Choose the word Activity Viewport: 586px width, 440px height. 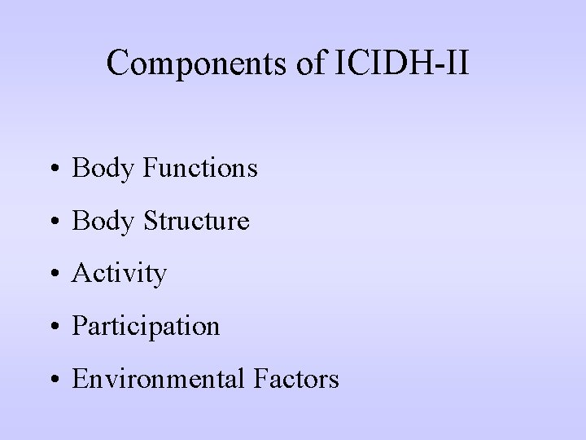[119, 274]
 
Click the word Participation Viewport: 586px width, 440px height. [146, 327]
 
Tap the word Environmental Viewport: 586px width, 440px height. [160, 379]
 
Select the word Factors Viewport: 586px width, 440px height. [296, 379]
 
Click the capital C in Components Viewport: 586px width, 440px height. [119, 64]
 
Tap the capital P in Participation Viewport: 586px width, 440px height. [79, 326]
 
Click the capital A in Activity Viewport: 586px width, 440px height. [81, 274]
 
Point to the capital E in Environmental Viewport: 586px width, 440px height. [80, 379]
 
